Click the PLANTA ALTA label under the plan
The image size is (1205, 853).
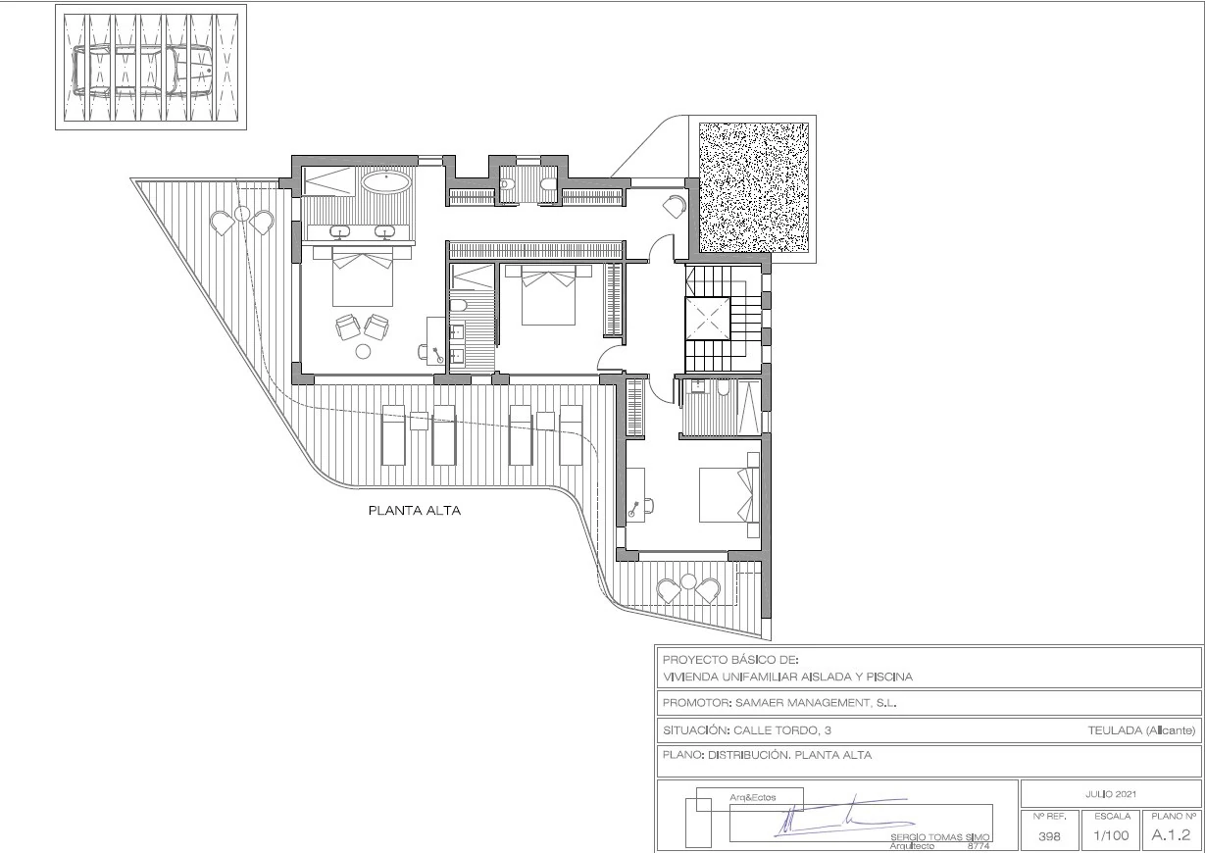point(414,511)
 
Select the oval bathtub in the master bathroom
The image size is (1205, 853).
point(385,181)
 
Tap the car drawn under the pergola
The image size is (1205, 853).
point(143,71)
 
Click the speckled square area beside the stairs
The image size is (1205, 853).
point(754,187)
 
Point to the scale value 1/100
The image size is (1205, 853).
point(1111,835)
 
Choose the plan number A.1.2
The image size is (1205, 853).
point(1171,834)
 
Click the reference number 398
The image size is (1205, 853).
point(1049,836)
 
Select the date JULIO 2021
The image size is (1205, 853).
point(1111,794)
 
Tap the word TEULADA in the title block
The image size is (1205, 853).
point(1115,730)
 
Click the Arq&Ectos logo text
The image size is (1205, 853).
point(753,797)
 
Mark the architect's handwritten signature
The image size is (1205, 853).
point(844,818)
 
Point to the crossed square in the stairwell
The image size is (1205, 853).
point(707,319)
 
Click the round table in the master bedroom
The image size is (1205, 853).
point(363,352)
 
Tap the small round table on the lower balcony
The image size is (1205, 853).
point(688,581)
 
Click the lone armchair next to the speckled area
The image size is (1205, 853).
point(675,207)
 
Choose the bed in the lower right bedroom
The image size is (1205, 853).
point(728,495)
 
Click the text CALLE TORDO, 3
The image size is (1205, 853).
point(782,730)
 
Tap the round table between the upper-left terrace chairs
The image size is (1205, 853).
point(242,214)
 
